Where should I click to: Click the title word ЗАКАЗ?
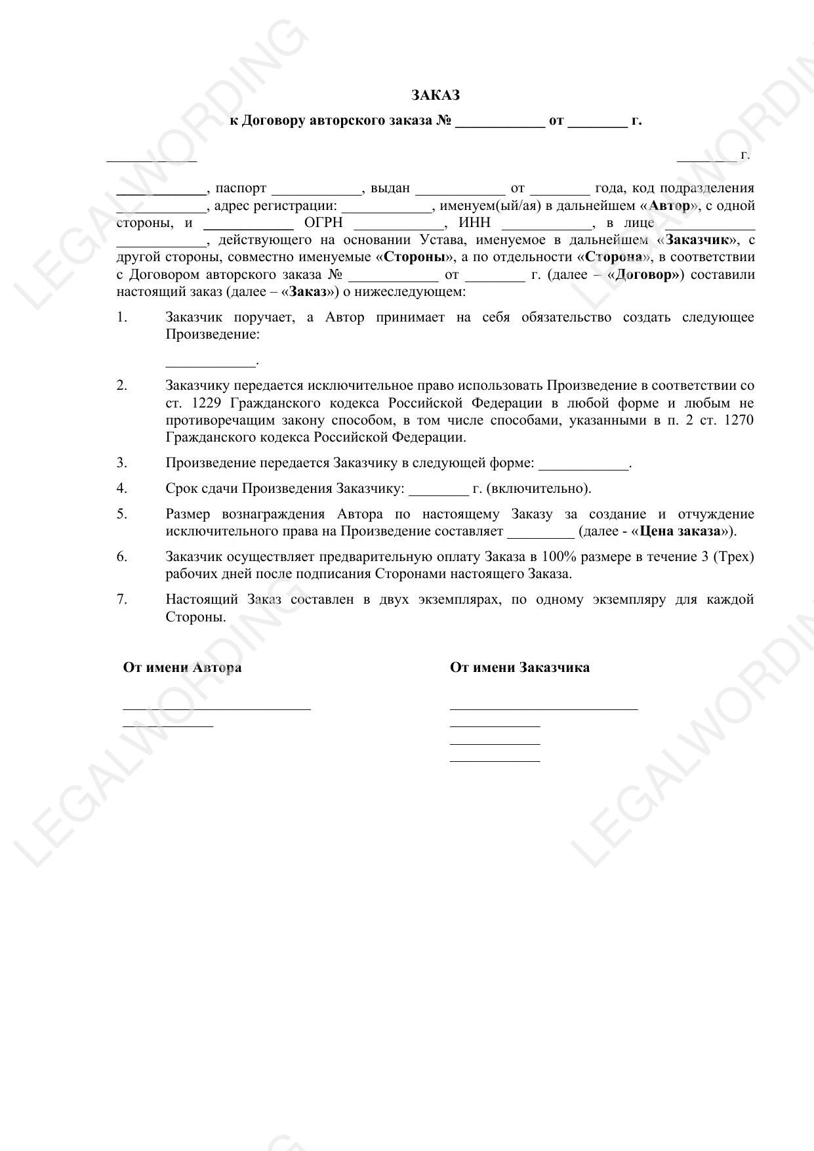click(x=436, y=95)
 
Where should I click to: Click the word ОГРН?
click(x=323, y=223)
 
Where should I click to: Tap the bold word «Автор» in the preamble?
click(x=669, y=206)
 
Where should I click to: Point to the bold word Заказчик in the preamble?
click(x=698, y=240)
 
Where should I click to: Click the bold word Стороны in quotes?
click(x=413, y=257)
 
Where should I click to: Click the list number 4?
click(x=122, y=489)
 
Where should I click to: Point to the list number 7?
click(x=122, y=600)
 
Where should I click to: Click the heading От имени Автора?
click(x=182, y=668)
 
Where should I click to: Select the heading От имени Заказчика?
click(x=519, y=668)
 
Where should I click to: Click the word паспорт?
click(x=241, y=189)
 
